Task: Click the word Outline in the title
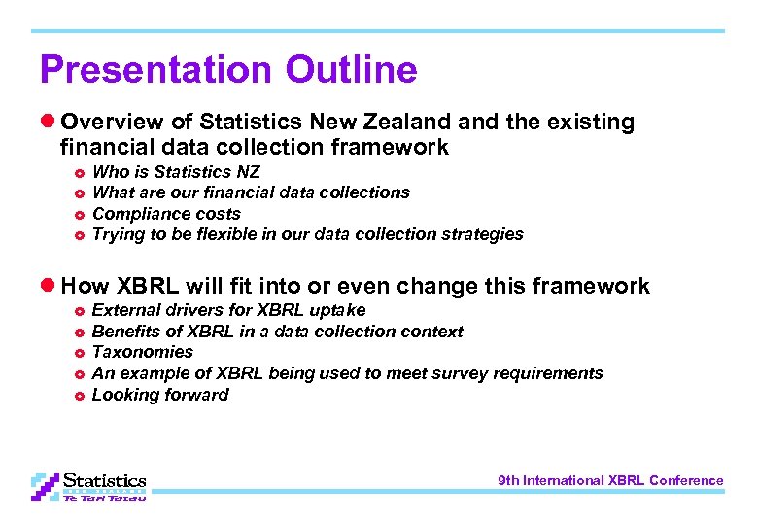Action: pos(351,70)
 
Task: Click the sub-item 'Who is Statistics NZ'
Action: pos(176,172)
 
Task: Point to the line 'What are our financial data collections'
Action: pos(251,192)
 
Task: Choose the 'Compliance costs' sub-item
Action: pos(166,214)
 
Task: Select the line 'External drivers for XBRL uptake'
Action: pos(228,310)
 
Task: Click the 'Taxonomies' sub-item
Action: pos(142,352)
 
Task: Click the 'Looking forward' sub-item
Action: pos(160,395)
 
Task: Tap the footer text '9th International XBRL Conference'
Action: pos(610,480)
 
